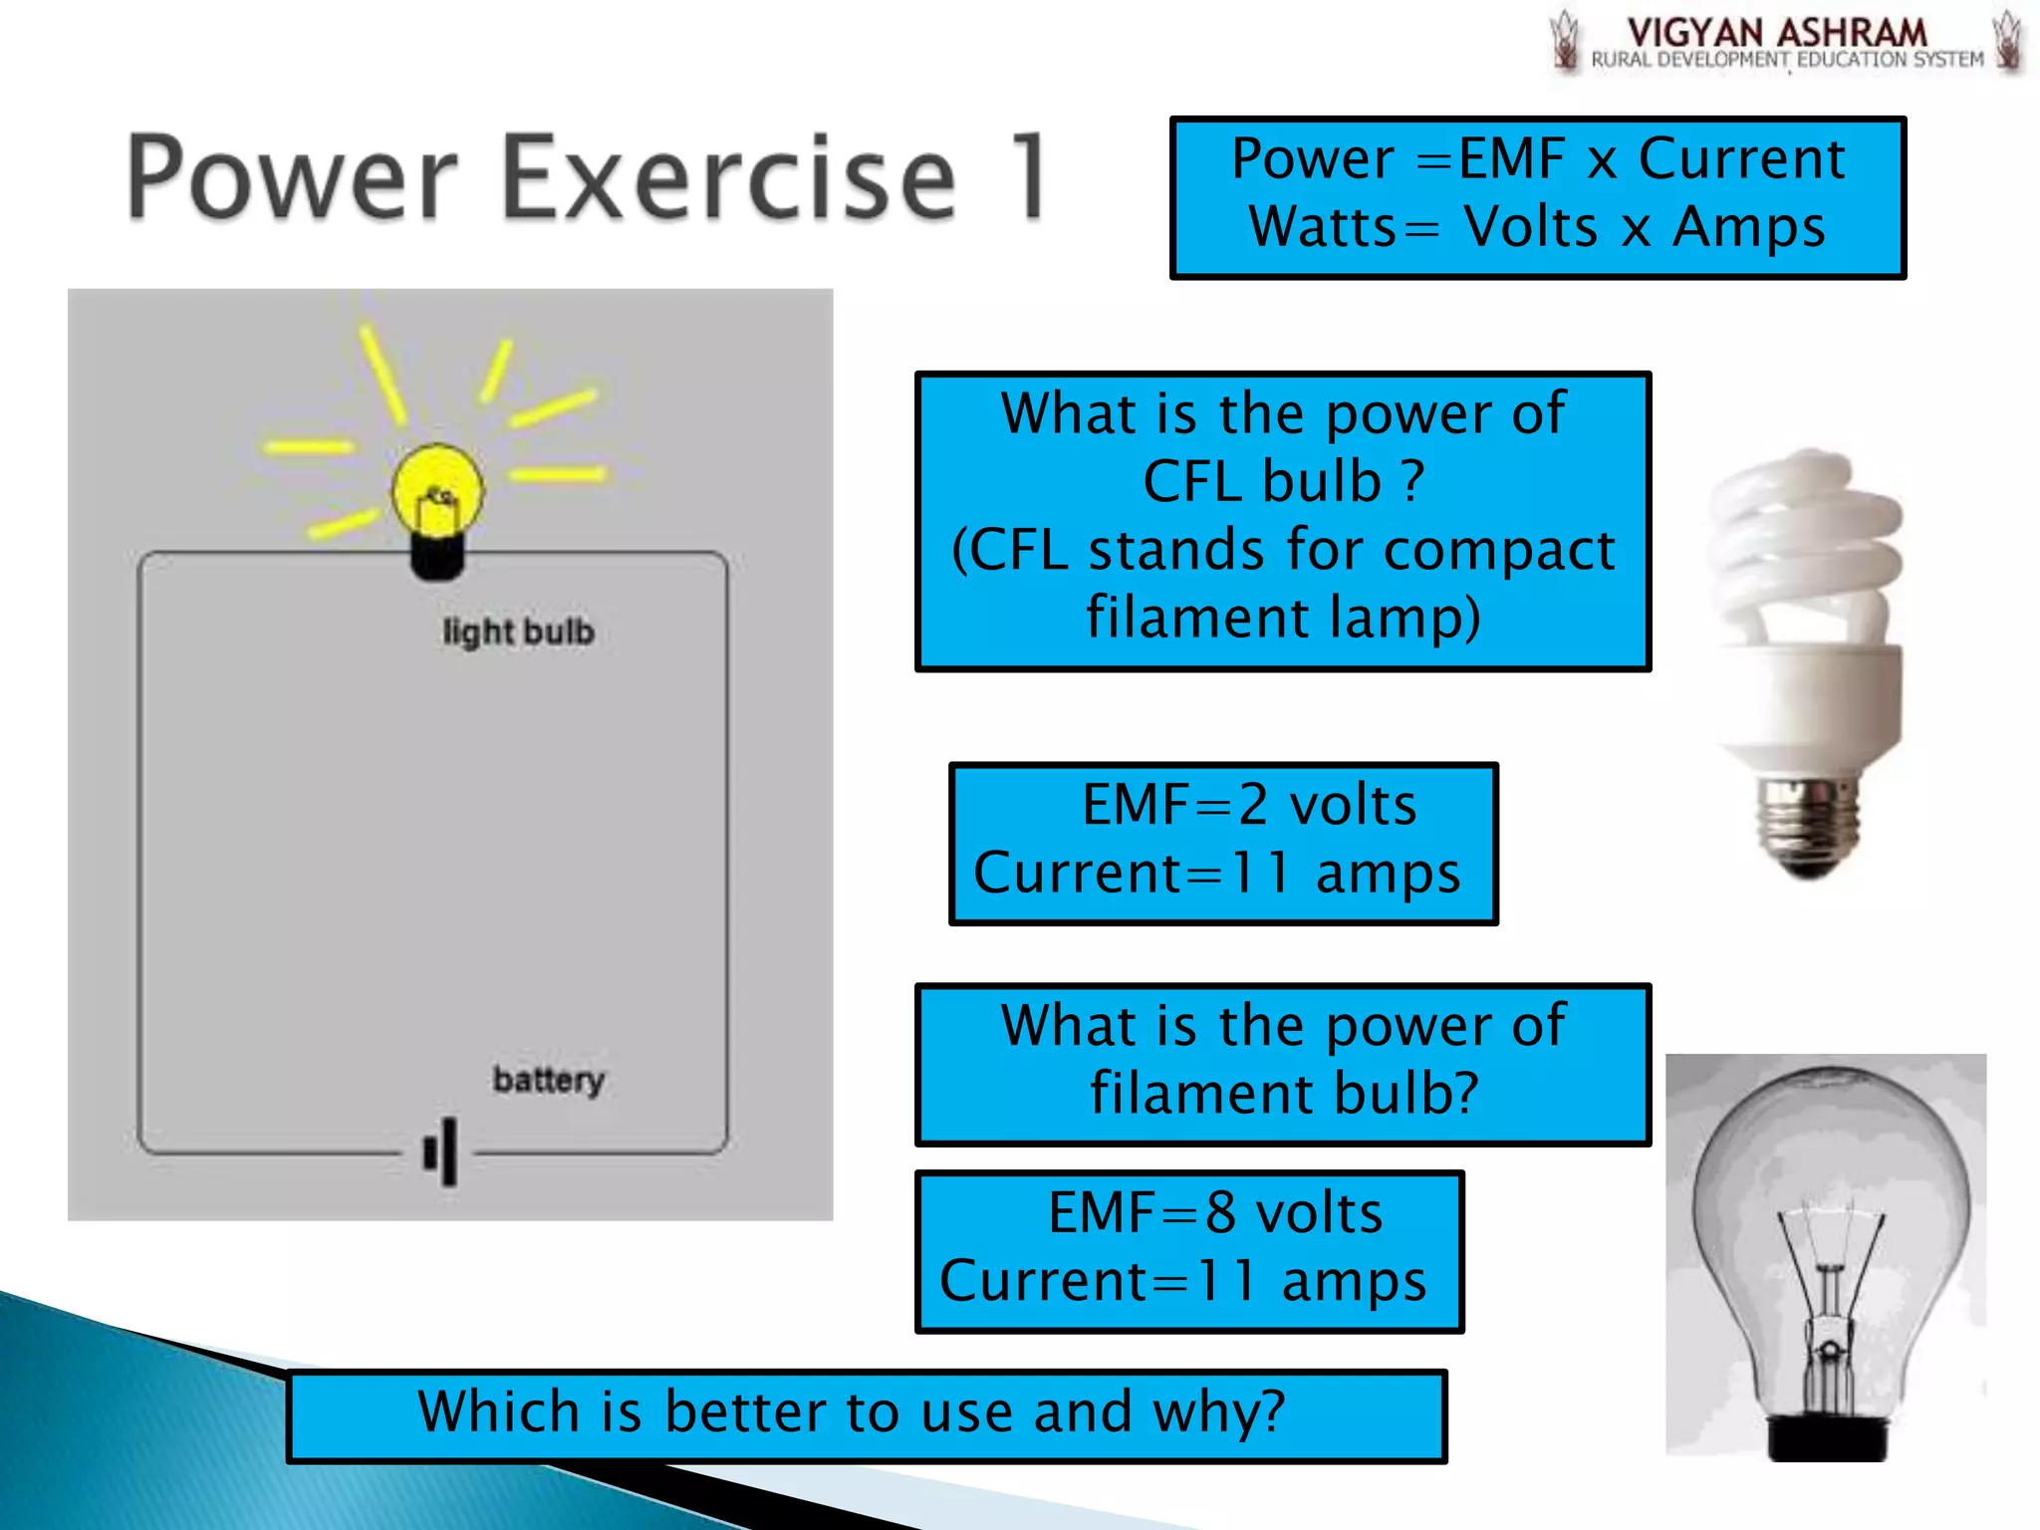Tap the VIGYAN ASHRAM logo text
1776,33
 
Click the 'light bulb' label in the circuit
518,632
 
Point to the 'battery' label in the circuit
548,1080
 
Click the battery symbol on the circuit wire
442,1152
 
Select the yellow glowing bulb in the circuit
436,491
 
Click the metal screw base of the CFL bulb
1808,823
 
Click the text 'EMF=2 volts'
1248,805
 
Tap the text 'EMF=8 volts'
1214,1213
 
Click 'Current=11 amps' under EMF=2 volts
1216,874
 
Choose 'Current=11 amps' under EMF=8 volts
1182,1281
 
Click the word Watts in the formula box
1323,227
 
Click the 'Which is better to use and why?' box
866,1414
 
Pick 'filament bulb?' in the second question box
1283,1094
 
